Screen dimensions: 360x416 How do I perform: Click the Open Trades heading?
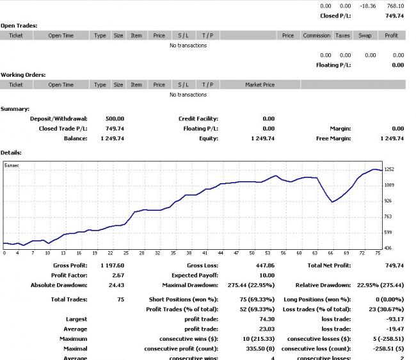click(19, 26)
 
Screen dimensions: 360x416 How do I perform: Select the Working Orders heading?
click(23, 75)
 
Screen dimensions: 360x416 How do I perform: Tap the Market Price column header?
click(259, 85)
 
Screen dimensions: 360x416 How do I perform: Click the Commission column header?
click(316, 36)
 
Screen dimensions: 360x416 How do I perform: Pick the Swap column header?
click(365, 36)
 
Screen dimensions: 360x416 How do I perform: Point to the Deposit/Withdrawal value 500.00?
click(115, 119)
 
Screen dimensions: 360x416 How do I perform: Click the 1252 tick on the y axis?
click(389, 169)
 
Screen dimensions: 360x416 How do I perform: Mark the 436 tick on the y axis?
click(388, 248)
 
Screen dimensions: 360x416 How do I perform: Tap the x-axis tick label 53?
click(268, 253)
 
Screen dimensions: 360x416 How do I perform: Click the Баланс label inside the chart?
click(12, 165)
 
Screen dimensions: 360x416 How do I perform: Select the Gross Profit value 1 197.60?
click(112, 265)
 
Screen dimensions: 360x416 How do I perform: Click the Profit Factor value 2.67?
click(118, 275)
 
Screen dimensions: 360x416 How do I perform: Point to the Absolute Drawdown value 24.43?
click(116, 285)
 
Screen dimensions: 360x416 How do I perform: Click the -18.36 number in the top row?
click(367, 6)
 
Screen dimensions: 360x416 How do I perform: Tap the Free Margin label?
click(333, 138)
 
